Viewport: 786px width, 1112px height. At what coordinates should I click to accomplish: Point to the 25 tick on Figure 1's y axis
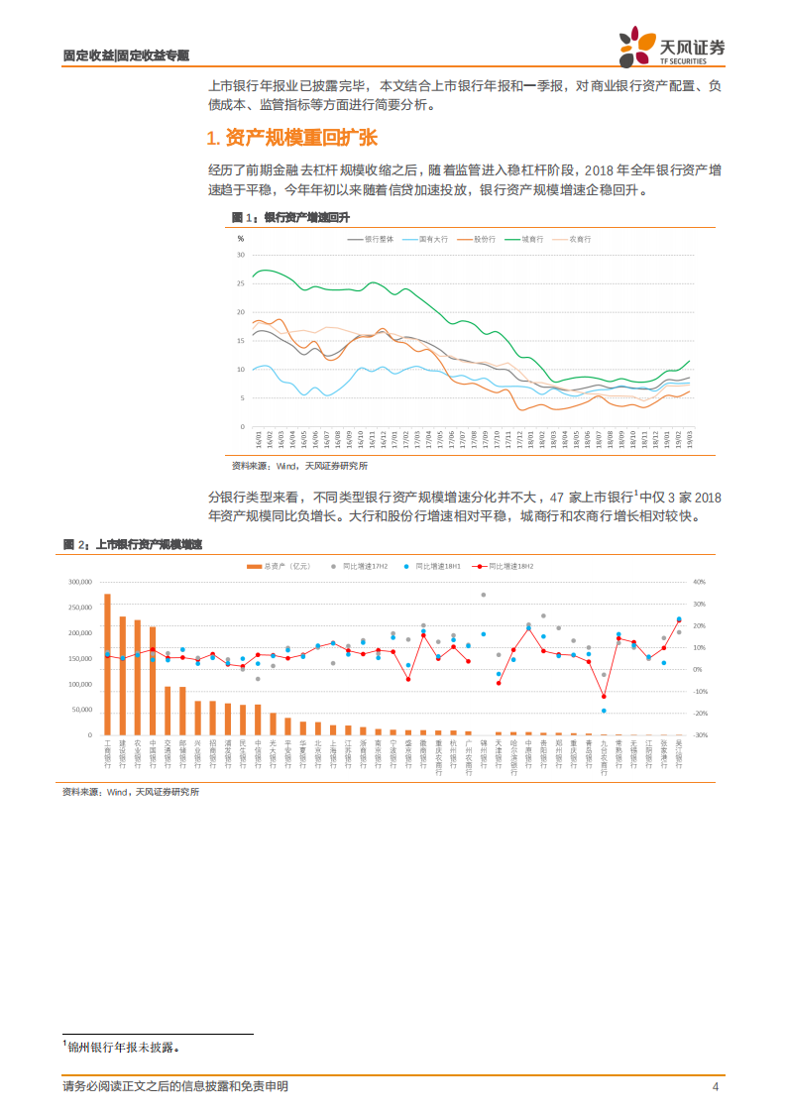pyautogui.click(x=241, y=283)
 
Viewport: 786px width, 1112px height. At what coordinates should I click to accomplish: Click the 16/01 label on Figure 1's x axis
pyautogui.click(x=259, y=438)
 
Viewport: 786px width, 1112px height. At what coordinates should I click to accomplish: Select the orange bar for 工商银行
pyautogui.click(x=107, y=664)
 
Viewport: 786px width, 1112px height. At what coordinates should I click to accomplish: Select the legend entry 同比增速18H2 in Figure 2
pyautogui.click(x=505, y=566)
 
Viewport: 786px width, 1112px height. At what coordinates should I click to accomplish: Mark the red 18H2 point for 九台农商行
pyautogui.click(x=603, y=696)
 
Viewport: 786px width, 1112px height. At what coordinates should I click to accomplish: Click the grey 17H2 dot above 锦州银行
pyautogui.click(x=483, y=595)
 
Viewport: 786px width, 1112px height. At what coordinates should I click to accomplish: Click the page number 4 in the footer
pyautogui.click(x=715, y=1086)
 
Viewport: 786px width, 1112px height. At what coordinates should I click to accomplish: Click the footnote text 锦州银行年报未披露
pyautogui.click(x=125, y=1046)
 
